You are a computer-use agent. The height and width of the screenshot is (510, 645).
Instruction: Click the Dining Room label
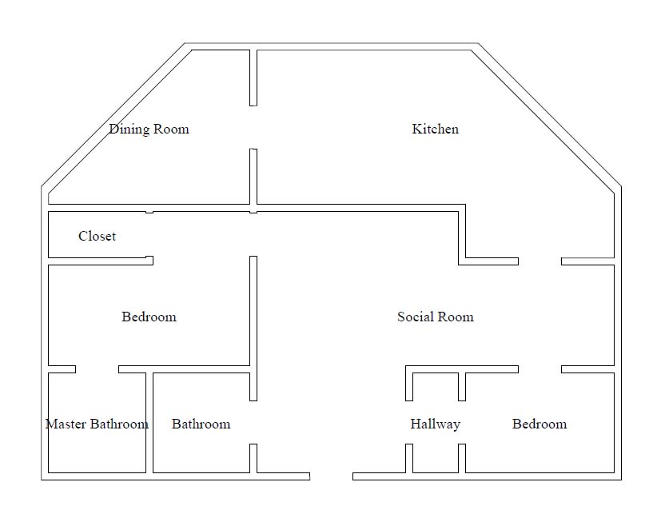[x=149, y=129]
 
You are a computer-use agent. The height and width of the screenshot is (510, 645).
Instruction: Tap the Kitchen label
[x=435, y=129]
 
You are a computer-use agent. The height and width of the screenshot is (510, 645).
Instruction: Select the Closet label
[x=97, y=236]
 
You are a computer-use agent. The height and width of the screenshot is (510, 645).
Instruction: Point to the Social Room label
[x=435, y=317]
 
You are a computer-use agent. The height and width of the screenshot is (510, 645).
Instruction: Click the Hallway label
[x=435, y=424]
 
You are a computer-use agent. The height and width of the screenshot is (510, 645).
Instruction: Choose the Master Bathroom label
[x=96, y=424]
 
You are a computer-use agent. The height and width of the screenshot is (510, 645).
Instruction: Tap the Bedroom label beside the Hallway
[x=539, y=424]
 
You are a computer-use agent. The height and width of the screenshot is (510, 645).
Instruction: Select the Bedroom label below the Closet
[x=149, y=317]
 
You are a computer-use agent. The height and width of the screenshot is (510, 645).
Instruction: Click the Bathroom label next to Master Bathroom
[x=201, y=424]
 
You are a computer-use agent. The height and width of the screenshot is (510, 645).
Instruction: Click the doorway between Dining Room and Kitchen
[x=253, y=126]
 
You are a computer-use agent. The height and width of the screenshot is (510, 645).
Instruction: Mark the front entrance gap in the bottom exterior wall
[x=331, y=476]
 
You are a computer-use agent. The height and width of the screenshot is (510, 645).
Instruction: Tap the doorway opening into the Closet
[x=149, y=236]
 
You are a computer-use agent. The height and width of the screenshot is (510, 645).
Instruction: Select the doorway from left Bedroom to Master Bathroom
[x=97, y=369]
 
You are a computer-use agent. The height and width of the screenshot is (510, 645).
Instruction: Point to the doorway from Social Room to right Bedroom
[x=539, y=369]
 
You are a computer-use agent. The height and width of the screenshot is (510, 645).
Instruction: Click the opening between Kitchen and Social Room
[x=539, y=261]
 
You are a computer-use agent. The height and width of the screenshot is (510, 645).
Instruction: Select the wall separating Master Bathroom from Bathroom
[x=149, y=422]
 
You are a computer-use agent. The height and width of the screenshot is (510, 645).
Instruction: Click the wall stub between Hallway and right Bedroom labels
[x=461, y=387]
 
